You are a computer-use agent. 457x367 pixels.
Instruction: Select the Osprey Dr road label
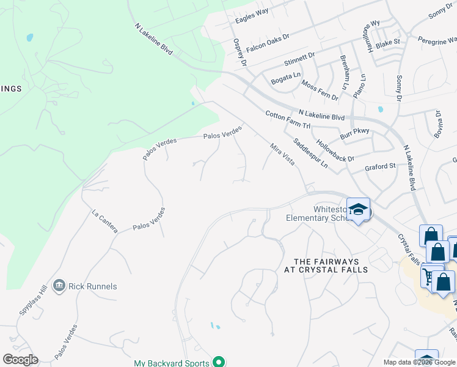click(x=239, y=51)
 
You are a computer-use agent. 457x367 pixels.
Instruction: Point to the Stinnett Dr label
click(x=299, y=59)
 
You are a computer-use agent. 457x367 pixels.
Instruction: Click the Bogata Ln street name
click(x=286, y=78)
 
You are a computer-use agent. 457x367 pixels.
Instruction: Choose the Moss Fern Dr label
click(x=320, y=89)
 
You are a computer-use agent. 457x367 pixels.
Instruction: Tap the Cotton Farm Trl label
click(x=288, y=119)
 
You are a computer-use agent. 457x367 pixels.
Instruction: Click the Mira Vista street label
click(x=282, y=153)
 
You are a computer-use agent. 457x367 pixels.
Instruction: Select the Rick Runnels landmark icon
click(x=59, y=286)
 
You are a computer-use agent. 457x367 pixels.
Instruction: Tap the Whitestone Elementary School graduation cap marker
click(x=359, y=209)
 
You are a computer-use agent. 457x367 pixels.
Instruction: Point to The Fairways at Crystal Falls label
click(x=326, y=265)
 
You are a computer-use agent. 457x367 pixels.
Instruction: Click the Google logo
click(x=20, y=360)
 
